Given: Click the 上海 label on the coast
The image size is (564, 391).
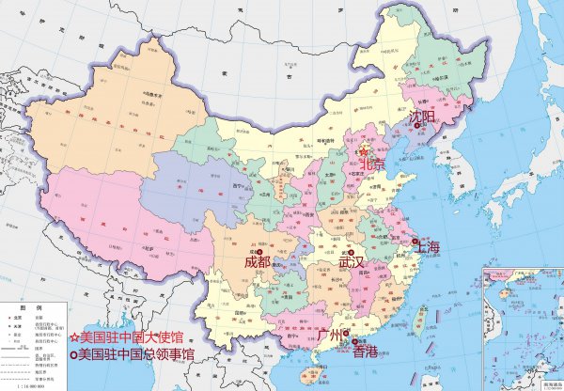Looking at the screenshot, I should (x=428, y=247).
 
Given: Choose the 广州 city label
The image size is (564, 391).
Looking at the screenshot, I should (x=332, y=334).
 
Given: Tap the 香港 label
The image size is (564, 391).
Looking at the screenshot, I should (x=365, y=352).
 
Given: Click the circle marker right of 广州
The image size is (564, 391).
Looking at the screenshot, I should (x=346, y=333).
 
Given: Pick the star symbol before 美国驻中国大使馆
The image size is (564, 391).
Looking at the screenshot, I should (x=74, y=336).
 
